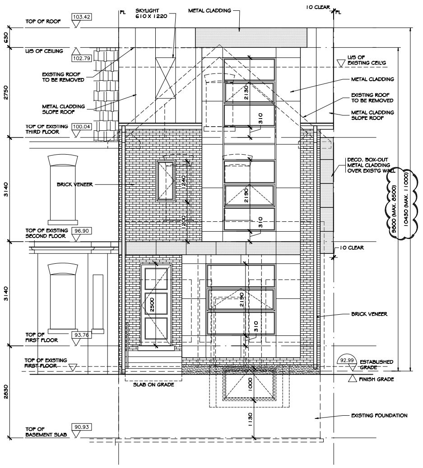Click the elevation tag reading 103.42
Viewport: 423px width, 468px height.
click(x=81, y=17)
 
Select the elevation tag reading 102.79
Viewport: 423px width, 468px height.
click(x=82, y=58)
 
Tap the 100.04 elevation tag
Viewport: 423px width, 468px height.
click(x=82, y=127)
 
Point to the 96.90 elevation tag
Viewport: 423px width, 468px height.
click(x=82, y=231)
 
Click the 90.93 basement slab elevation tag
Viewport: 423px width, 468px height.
click(x=82, y=427)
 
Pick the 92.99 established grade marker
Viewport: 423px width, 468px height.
click(x=347, y=360)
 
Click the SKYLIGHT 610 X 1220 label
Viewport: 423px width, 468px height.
click(x=151, y=14)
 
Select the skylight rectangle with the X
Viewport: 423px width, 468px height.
click(x=165, y=78)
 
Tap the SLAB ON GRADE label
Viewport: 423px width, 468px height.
click(x=153, y=385)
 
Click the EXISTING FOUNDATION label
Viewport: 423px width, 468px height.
click(x=379, y=415)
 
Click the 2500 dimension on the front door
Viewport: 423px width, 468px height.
click(x=152, y=305)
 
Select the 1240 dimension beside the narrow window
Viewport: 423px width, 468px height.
click(x=184, y=181)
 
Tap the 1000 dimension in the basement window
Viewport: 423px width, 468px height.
click(x=250, y=384)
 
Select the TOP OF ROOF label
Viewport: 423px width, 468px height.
click(x=43, y=21)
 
